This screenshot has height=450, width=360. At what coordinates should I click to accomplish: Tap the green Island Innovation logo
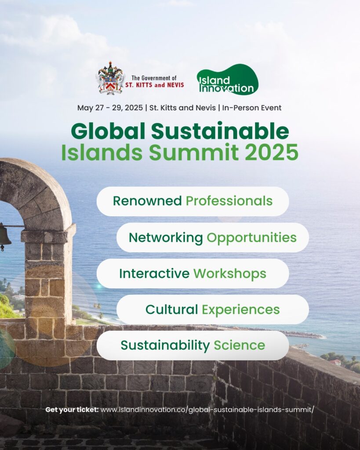pyautogui.click(x=227, y=80)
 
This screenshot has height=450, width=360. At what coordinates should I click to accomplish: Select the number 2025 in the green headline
pyautogui.click(x=271, y=152)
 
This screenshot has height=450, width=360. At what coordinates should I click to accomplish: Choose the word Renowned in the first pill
pyautogui.click(x=147, y=201)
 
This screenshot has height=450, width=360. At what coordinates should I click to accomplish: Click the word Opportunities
pyautogui.click(x=251, y=238)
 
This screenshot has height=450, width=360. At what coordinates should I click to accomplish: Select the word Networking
pyautogui.click(x=166, y=238)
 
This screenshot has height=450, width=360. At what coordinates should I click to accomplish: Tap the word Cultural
pyautogui.click(x=171, y=309)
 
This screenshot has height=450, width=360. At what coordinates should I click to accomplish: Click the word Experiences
pyautogui.click(x=240, y=309)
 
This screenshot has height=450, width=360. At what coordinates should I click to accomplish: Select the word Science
pyautogui.click(x=239, y=345)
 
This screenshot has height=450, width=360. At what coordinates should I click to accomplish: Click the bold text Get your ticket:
pyautogui.click(x=72, y=410)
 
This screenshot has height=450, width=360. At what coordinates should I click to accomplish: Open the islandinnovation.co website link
pyautogui.click(x=207, y=410)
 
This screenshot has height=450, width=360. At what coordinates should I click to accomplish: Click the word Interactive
pyautogui.click(x=154, y=273)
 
